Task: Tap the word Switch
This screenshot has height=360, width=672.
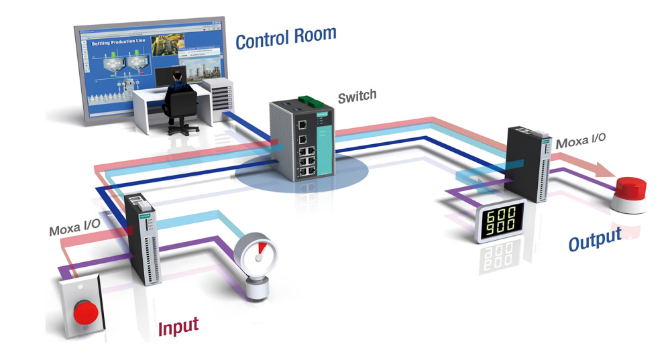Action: coord(356,98)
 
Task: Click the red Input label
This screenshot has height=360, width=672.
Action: coord(178,326)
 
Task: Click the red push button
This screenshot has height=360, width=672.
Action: coord(85,312)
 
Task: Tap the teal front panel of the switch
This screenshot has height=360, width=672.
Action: coord(324,143)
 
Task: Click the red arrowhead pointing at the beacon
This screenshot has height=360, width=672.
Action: coord(604,170)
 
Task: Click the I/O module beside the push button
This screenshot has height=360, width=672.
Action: coord(143,238)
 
